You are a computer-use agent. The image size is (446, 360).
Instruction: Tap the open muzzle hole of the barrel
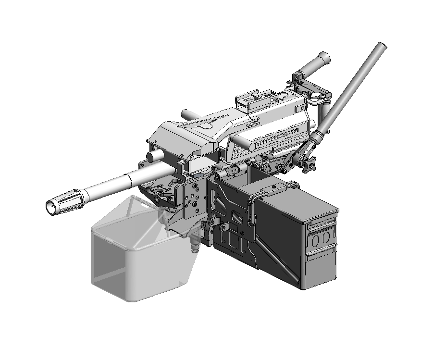pos(50,207)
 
